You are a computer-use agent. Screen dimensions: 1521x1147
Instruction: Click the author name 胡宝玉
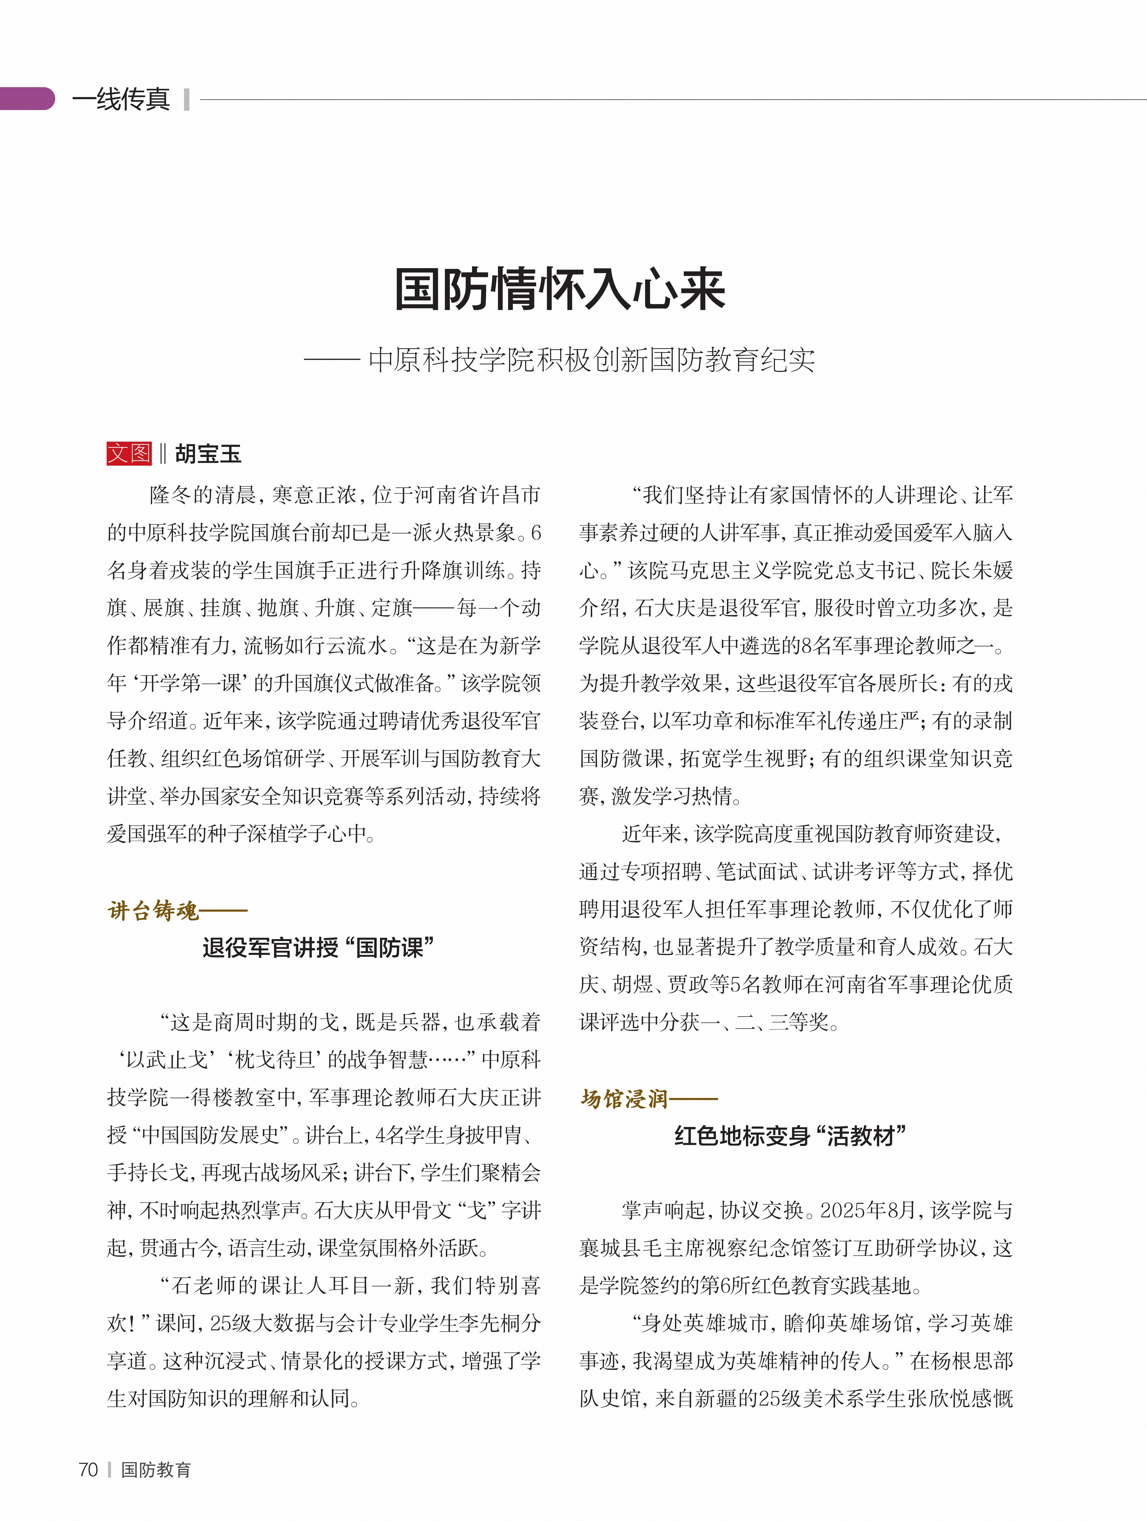208,454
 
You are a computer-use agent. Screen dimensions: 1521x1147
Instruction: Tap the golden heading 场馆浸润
624,1098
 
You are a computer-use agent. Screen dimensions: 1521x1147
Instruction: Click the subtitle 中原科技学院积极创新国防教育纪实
591,360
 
